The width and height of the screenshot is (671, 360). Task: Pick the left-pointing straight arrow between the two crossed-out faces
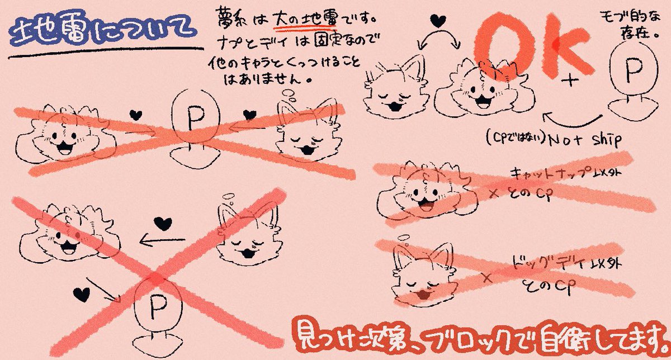coord(162,241)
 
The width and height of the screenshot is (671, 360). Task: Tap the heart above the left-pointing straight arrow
coord(162,223)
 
